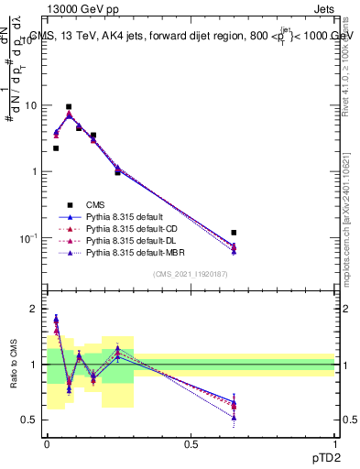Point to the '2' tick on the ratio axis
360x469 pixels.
[34, 310]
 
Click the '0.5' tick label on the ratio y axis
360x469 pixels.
[29, 420]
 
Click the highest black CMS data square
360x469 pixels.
[69, 107]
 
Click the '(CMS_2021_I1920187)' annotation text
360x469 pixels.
[191, 275]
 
